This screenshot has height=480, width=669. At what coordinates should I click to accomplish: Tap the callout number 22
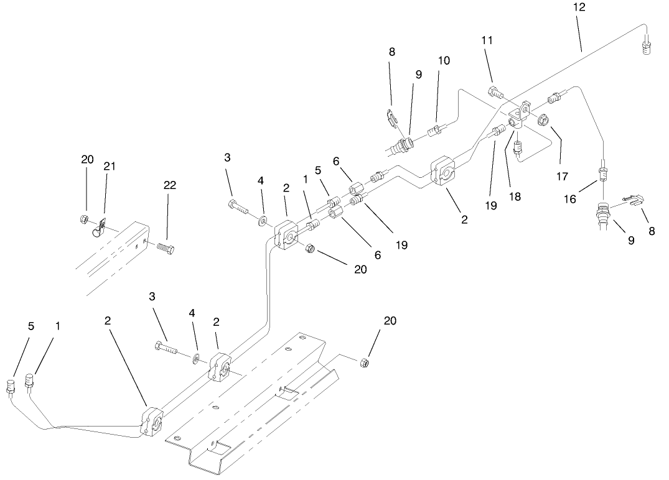pos(169,185)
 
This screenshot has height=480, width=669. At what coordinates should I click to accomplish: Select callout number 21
pos(110,166)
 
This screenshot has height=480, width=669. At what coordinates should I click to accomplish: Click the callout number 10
pos(444,60)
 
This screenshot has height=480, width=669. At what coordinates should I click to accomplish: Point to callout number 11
pos(487,40)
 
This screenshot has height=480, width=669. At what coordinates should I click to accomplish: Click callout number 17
pos(562,176)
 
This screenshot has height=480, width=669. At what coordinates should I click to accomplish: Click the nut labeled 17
pos(543,120)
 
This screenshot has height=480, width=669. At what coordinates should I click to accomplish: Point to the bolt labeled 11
pos(496,93)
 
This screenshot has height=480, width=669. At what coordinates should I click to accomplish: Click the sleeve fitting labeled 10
pos(436,132)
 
